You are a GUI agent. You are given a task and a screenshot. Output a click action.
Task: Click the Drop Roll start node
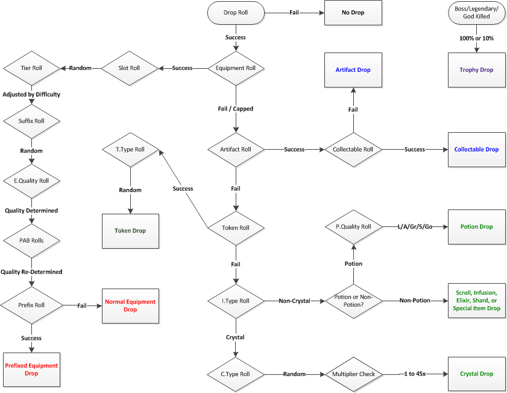pyautogui.click(x=235, y=12)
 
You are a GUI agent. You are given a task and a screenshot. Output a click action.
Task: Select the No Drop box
pyautogui.click(x=353, y=12)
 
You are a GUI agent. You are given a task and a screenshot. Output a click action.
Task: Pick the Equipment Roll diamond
pyautogui.click(x=236, y=68)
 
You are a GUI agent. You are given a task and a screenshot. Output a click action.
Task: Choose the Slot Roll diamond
pyautogui.click(x=128, y=68)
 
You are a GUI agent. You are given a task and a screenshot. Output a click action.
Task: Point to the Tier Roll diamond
pyautogui.click(x=31, y=68)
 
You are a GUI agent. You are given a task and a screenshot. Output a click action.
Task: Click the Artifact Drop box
pyautogui.click(x=353, y=69)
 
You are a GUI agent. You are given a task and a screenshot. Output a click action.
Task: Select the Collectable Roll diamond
pyautogui.click(x=353, y=149)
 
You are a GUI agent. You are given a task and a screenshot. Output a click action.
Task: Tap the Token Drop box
pyautogui.click(x=130, y=231)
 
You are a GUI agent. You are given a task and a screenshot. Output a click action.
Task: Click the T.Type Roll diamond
pyautogui.click(x=130, y=149)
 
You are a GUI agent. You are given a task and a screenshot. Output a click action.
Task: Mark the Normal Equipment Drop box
pyautogui.click(x=130, y=305)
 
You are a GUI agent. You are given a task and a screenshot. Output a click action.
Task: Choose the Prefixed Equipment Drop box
pyautogui.click(x=31, y=369)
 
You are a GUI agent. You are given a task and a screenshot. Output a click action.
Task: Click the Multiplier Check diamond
pyautogui.click(x=353, y=374)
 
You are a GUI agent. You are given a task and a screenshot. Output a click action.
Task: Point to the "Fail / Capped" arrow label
pyautogui.click(x=235, y=109)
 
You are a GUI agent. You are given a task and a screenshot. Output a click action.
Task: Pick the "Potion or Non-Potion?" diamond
pyautogui.click(x=353, y=300)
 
